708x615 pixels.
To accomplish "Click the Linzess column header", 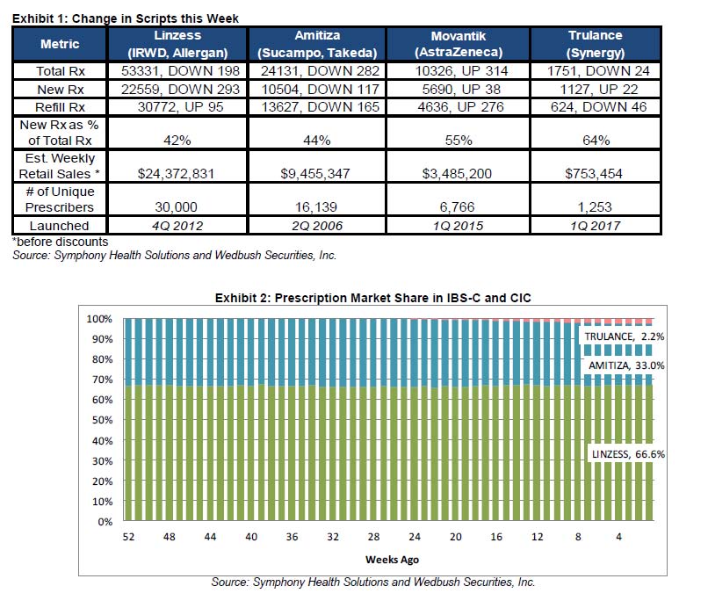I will [x=177, y=43].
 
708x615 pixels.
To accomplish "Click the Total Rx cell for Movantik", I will [x=453, y=71].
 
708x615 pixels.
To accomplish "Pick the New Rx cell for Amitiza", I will [x=317, y=89].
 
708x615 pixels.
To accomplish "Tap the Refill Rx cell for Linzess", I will [x=177, y=106].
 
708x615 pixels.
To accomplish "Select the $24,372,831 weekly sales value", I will [x=177, y=174].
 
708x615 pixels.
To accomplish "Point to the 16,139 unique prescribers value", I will [x=317, y=208].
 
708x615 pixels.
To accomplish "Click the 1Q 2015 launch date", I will [x=453, y=226].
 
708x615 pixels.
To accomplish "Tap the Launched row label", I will [x=60, y=226].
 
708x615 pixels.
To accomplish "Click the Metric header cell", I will [x=60, y=44].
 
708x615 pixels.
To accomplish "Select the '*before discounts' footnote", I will [x=49, y=240].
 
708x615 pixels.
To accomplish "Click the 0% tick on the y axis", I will [x=104, y=522].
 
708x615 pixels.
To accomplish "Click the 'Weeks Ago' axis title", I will [x=391, y=559].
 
